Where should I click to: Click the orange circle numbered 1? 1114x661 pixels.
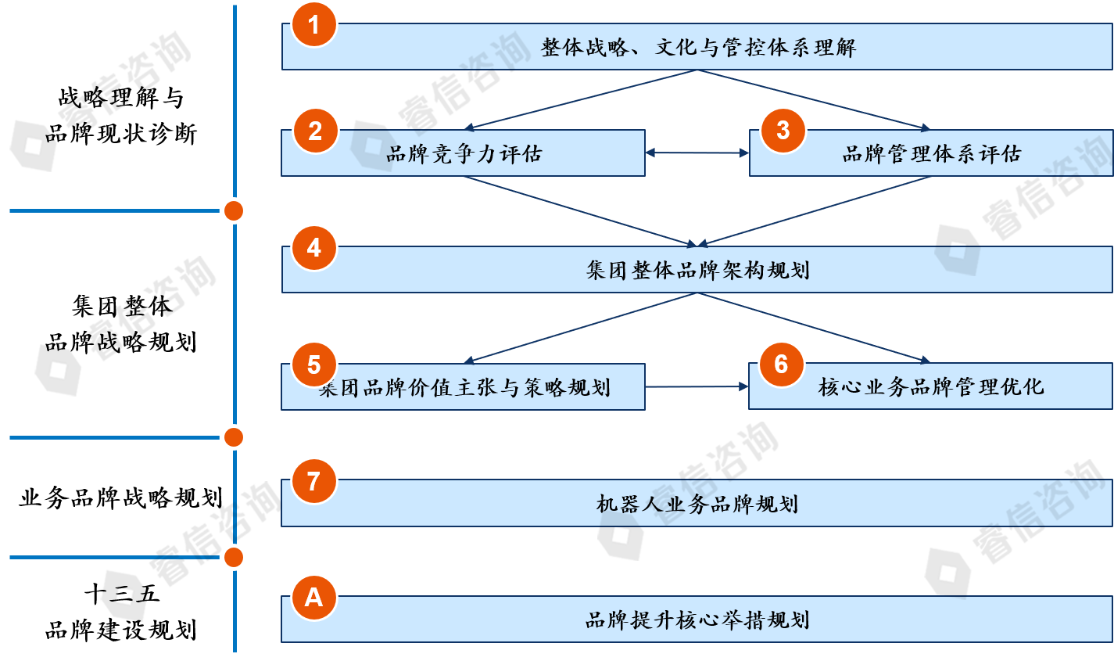tap(313, 25)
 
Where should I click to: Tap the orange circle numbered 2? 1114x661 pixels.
tap(315, 131)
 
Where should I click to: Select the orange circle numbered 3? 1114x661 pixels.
tap(783, 130)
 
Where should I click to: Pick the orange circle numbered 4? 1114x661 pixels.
tap(313, 248)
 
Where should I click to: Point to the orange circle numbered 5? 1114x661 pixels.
tap(313, 365)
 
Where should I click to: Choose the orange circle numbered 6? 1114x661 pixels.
tap(781, 364)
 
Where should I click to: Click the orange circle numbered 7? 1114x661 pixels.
tap(313, 480)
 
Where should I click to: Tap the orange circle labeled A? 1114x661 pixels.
tap(313, 598)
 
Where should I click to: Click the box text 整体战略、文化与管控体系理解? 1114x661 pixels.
tap(698, 48)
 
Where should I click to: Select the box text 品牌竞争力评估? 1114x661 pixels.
tap(464, 154)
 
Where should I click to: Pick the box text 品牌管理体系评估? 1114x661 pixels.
tap(931, 154)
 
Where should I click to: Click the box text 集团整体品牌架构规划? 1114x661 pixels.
tap(697, 271)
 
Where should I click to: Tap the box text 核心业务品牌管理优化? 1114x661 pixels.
tap(931, 387)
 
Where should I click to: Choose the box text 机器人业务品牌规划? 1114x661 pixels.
tap(697, 504)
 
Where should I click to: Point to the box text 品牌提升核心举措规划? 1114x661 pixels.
tap(697, 620)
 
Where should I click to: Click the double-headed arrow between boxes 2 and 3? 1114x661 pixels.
tap(697, 153)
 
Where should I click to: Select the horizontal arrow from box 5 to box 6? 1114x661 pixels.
tap(697, 386)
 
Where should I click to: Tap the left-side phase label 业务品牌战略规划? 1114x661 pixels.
tap(120, 498)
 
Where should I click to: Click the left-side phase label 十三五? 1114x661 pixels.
tap(121, 595)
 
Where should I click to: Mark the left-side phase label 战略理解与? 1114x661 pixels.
tap(121, 98)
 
